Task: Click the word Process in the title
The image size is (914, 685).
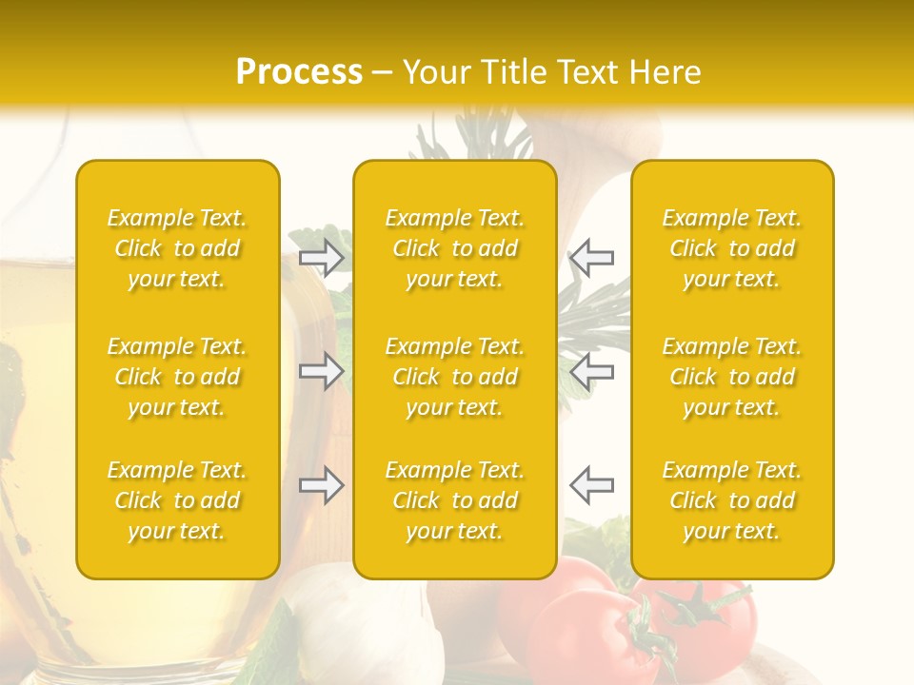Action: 299,71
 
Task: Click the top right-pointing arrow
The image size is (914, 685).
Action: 322,257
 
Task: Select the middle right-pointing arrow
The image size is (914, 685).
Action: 322,371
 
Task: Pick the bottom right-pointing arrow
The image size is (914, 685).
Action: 322,485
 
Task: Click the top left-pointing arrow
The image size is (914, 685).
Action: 591,257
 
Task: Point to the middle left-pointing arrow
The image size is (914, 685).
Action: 591,371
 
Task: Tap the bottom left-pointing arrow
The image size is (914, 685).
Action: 591,485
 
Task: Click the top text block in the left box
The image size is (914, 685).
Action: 177,248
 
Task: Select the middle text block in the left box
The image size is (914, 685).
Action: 177,377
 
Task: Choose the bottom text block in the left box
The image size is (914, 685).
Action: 177,500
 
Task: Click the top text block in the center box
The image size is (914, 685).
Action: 455,248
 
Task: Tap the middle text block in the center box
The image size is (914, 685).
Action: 455,377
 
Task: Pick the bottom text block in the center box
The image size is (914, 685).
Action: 455,500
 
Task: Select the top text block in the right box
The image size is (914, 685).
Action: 732,248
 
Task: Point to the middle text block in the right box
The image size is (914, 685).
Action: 732,377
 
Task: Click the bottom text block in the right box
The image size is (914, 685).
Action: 732,500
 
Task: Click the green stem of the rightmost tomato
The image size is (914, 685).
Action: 703,601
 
